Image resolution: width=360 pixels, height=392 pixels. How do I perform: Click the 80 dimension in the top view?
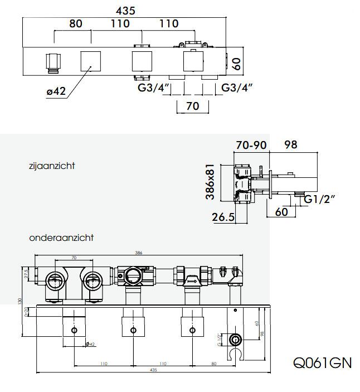coord(76,23)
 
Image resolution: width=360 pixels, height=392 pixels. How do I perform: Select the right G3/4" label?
coord(237,88)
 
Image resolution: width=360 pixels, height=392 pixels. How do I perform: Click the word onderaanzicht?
coord(61,238)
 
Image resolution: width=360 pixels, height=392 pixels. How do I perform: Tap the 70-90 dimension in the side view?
coord(251,144)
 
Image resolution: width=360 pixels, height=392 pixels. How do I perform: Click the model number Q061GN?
coord(323,362)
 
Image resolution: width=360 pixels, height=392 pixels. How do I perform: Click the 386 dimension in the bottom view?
coord(139,253)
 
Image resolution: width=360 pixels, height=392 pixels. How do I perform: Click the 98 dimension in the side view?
coord(290,144)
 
